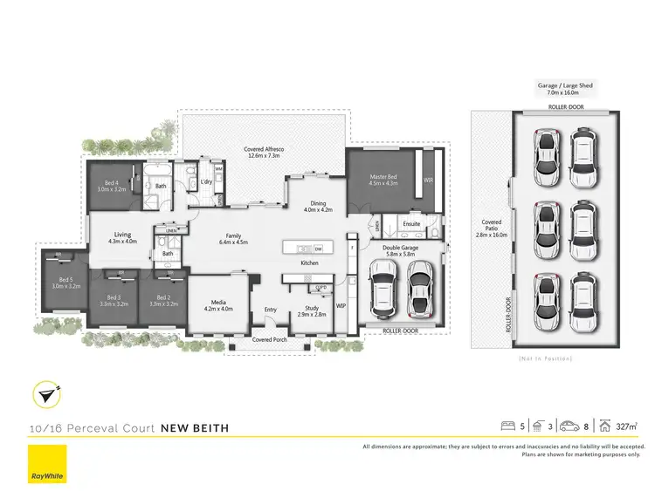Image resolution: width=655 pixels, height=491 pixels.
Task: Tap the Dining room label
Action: coord(319,206)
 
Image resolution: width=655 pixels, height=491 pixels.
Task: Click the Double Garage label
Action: coord(400,250)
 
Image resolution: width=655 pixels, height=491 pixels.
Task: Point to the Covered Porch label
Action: coord(269,339)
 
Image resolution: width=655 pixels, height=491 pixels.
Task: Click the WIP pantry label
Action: coord(341,306)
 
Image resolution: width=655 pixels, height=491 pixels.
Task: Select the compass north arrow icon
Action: coord(46,396)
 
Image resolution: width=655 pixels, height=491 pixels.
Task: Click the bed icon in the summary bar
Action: coord(507,426)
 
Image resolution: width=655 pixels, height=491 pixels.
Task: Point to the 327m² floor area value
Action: coord(625,427)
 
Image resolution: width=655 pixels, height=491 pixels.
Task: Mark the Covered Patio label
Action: coord(489,229)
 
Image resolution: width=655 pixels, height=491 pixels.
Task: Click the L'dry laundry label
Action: coord(207,181)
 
